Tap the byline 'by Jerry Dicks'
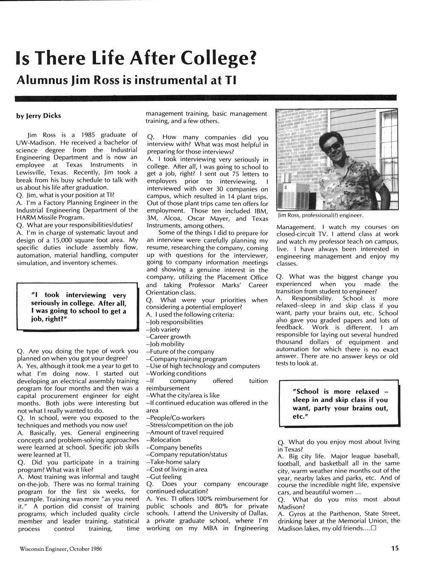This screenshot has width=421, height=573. coord(39,116)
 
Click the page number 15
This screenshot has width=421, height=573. coord(394,548)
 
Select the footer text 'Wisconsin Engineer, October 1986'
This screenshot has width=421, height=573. coord(60,549)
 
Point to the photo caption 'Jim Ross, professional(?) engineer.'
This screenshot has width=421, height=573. coord(320,215)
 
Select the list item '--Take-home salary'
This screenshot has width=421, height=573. coord(173,462)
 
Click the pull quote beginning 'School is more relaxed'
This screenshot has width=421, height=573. coord(340,404)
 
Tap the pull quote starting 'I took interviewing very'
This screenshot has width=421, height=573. coord(79,307)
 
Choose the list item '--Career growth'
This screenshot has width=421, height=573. coord(168,336)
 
